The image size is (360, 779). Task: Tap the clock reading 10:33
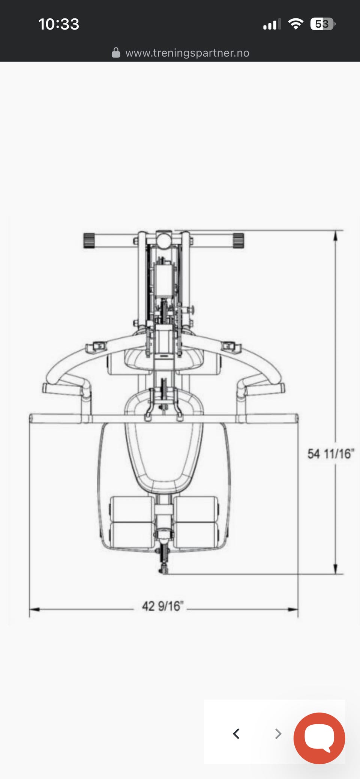[59, 24]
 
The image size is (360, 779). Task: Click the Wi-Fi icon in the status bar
[295, 24]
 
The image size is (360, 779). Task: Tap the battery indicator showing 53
[322, 24]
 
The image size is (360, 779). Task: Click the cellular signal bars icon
[272, 24]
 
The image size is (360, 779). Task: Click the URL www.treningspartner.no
[187, 53]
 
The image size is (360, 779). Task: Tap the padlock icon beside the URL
[116, 52]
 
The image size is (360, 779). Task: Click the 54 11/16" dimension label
[330, 454]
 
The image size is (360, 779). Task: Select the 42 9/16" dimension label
[163, 606]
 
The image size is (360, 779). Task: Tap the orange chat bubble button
[319, 738]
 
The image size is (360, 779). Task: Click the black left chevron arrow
[236, 734]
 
